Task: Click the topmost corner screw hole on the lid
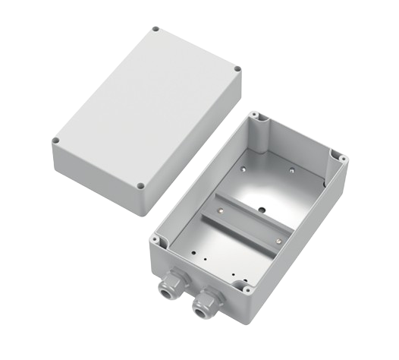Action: point(157,30)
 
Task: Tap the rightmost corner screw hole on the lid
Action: point(237,71)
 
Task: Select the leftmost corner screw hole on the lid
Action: point(57,141)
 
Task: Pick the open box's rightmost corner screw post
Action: point(342,161)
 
